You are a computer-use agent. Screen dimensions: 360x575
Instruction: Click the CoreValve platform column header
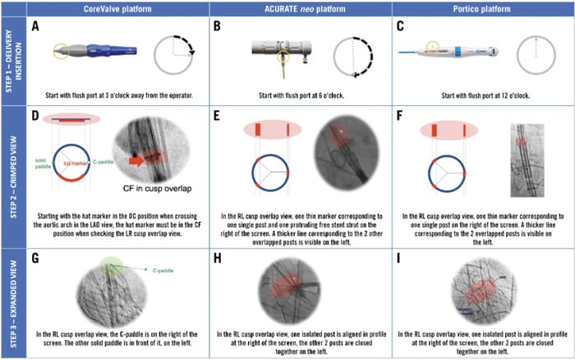[x=117, y=7]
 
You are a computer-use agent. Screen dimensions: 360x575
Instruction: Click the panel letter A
[x=36, y=25]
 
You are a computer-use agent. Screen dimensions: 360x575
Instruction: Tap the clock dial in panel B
[x=355, y=55]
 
